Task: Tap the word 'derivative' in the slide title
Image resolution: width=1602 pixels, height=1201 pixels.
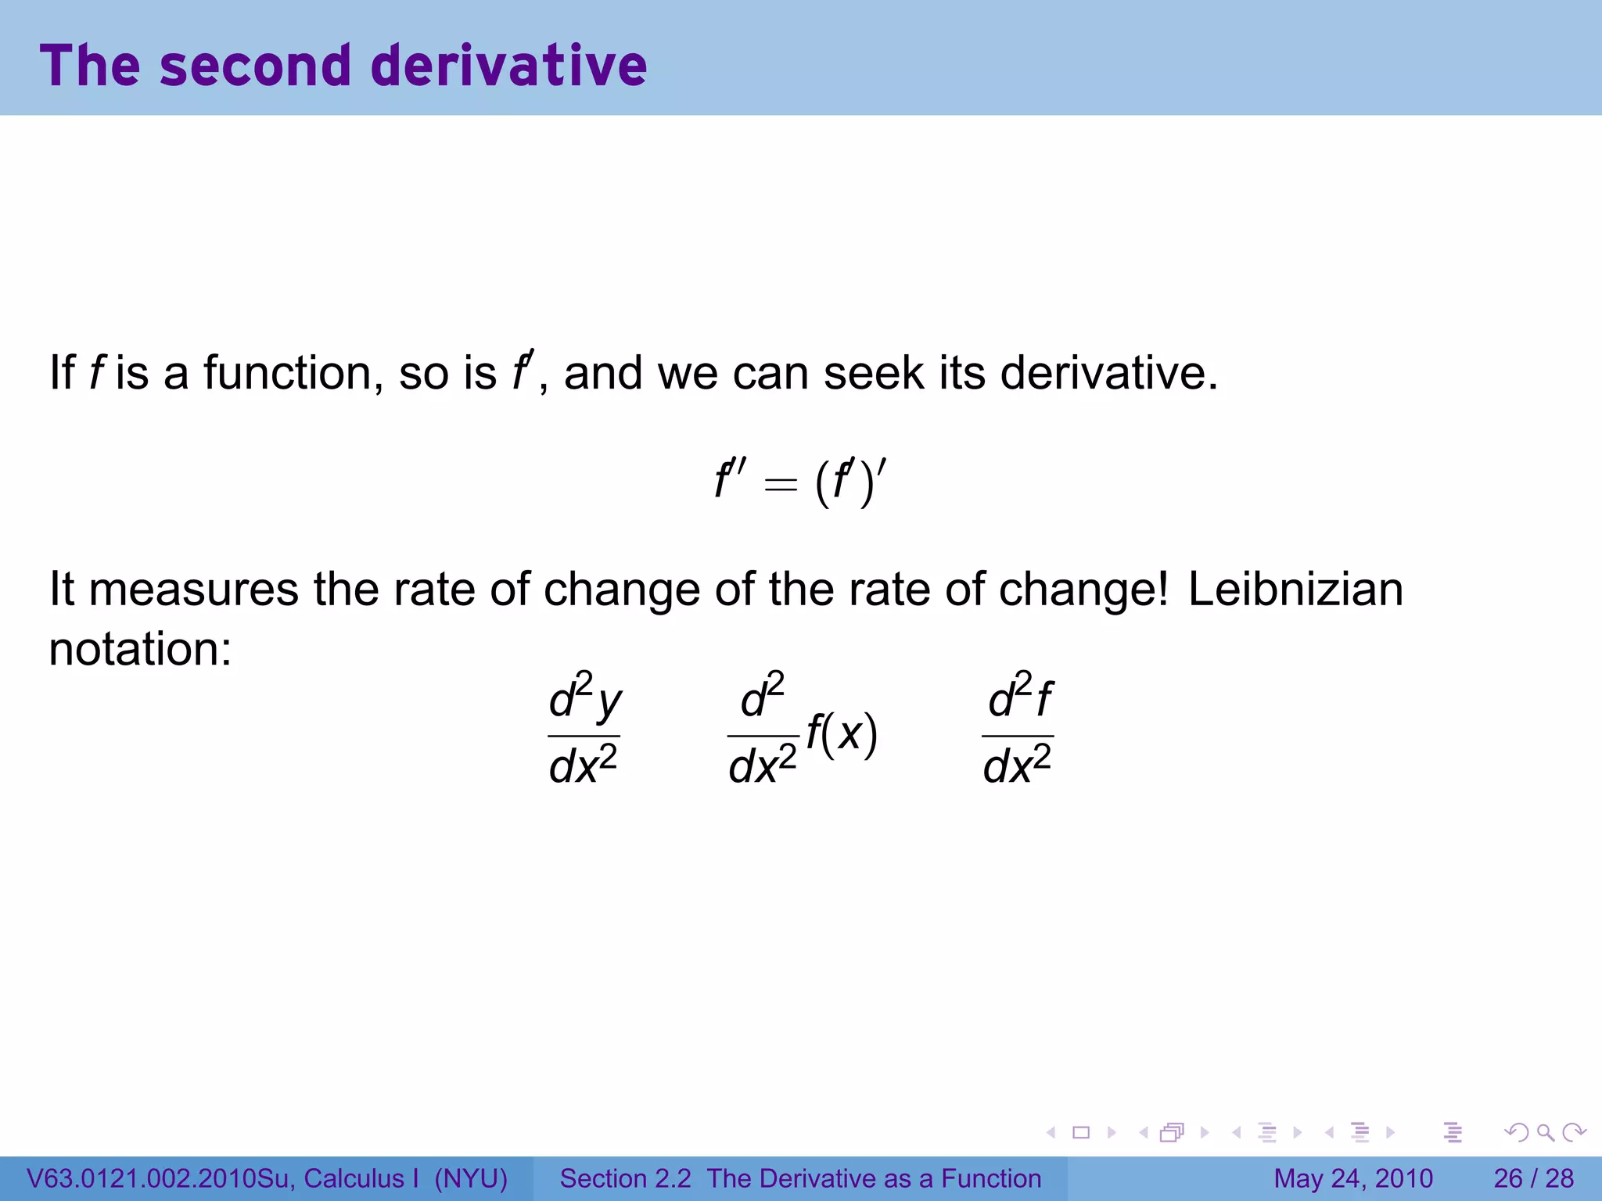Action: point(508,66)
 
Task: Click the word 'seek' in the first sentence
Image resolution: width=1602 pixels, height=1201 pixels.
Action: point(873,373)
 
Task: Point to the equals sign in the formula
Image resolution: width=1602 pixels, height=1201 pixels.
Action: point(781,485)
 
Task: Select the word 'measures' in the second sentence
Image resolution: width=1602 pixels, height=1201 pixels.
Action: point(193,590)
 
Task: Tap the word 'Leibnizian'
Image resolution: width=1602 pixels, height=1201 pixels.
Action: point(1295,590)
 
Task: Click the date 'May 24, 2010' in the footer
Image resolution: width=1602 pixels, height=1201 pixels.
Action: point(1353,1178)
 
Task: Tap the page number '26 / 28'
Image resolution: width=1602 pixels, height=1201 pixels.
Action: point(1533,1178)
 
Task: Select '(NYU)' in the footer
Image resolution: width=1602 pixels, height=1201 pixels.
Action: point(471,1178)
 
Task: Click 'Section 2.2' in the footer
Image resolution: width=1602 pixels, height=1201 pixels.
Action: point(625,1178)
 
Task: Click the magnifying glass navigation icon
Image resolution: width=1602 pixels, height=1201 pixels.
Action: point(1545,1132)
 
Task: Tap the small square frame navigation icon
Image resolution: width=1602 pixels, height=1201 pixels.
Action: point(1081,1132)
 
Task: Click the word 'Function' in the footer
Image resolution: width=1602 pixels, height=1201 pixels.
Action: point(991,1178)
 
